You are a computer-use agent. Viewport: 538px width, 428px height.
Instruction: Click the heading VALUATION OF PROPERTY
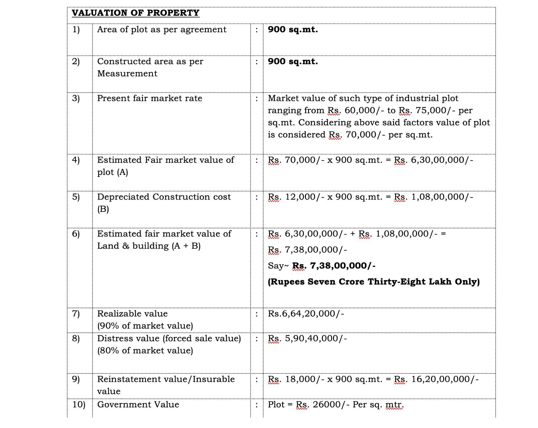point(136,13)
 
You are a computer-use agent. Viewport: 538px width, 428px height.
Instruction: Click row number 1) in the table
point(76,30)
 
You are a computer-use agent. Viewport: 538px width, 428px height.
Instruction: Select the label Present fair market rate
point(150,98)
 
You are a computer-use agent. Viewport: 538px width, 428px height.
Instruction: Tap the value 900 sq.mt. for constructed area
point(293,62)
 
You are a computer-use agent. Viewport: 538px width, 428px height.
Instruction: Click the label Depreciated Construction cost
point(164,197)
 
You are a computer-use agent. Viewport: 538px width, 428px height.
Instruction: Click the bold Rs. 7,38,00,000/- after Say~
point(334,266)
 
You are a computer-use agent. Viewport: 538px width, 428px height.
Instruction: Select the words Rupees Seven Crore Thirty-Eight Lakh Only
point(374,282)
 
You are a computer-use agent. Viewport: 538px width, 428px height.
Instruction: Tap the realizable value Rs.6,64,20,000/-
point(306,314)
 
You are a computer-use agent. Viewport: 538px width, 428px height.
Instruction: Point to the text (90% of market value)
point(145,326)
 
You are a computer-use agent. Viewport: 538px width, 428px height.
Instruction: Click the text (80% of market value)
point(145,351)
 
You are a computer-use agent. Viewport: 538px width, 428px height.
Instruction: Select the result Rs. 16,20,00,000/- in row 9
point(436,379)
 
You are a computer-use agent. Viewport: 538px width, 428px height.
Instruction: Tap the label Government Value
point(138,404)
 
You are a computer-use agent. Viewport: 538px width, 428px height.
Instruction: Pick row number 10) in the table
point(79,404)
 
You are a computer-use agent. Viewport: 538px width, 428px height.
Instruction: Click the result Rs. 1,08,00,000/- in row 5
point(433,197)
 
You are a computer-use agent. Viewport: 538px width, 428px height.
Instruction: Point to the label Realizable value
point(132,314)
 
